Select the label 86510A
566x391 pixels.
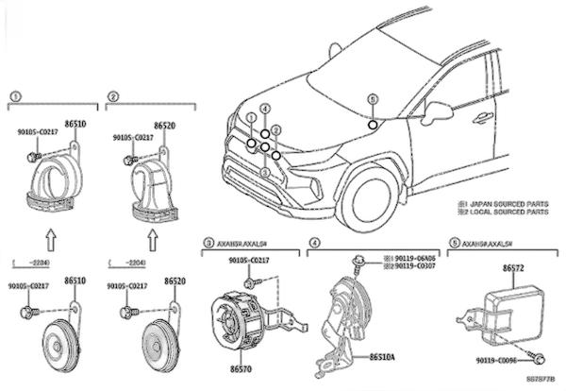[383, 359]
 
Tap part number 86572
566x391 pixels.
[515, 269]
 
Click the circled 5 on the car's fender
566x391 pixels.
[373, 125]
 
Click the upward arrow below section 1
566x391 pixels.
[50, 235]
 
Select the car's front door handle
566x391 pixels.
[483, 117]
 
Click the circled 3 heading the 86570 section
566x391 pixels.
[208, 243]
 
